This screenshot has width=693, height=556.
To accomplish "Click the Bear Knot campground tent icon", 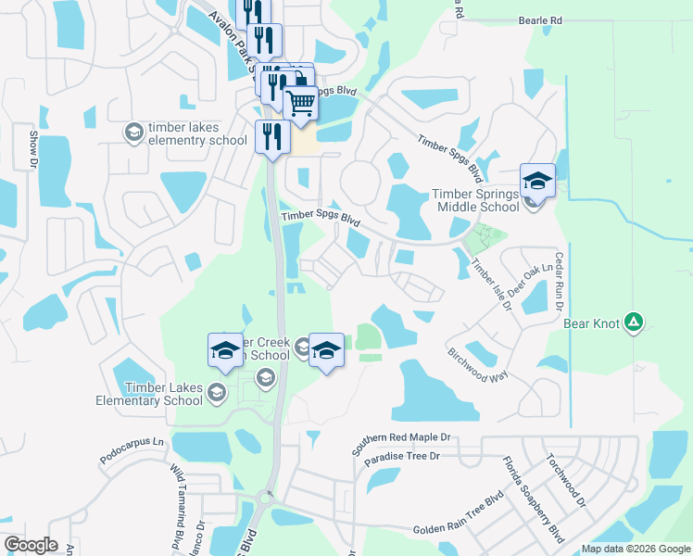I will (634, 322).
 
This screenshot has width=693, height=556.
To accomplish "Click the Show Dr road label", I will (32, 148).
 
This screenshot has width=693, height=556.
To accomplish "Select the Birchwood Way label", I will (479, 367).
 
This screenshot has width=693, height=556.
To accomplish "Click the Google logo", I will (31, 545).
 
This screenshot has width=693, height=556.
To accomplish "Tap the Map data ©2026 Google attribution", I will (636, 549).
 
